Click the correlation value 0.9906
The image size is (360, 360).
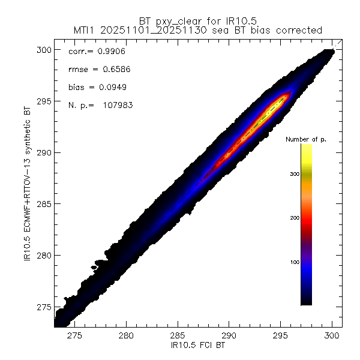101,52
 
